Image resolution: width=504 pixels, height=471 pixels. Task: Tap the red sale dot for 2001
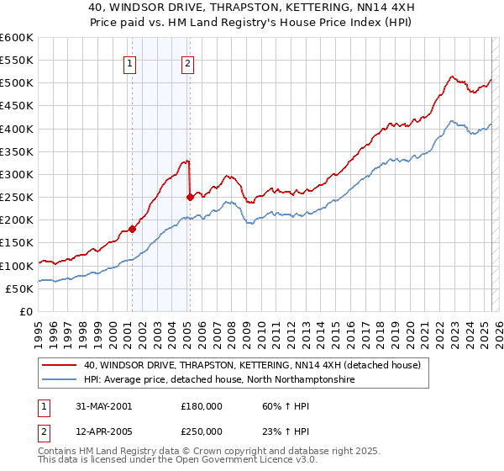click(133, 229)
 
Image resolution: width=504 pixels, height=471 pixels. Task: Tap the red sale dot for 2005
click(190, 197)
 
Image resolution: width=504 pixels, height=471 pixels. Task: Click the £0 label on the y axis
click(25, 311)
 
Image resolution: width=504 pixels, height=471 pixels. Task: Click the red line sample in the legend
click(60, 365)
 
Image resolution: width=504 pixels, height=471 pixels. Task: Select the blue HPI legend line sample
click(60, 380)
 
